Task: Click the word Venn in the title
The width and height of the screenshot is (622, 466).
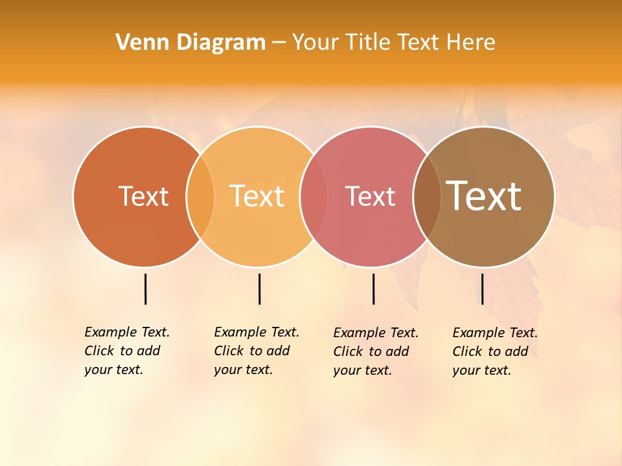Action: [x=138, y=43]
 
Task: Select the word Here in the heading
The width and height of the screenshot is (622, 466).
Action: [x=470, y=43]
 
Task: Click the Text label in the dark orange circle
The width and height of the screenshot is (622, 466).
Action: [x=143, y=196]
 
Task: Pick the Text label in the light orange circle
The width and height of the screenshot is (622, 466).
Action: [x=257, y=196]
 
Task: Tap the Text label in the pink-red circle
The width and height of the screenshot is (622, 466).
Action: [x=370, y=196]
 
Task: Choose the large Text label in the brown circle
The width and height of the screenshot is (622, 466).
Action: [x=484, y=196]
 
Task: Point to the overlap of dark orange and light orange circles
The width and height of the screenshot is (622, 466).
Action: [x=200, y=196]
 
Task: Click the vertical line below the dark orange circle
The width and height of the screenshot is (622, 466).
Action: [x=145, y=289]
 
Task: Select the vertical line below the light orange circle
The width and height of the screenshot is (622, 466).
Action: [x=259, y=289]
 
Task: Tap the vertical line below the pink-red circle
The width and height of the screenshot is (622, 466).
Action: [x=373, y=289]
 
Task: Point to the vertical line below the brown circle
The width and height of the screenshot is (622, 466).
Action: [x=482, y=289]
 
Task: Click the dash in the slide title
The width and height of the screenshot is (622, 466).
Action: [x=279, y=43]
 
